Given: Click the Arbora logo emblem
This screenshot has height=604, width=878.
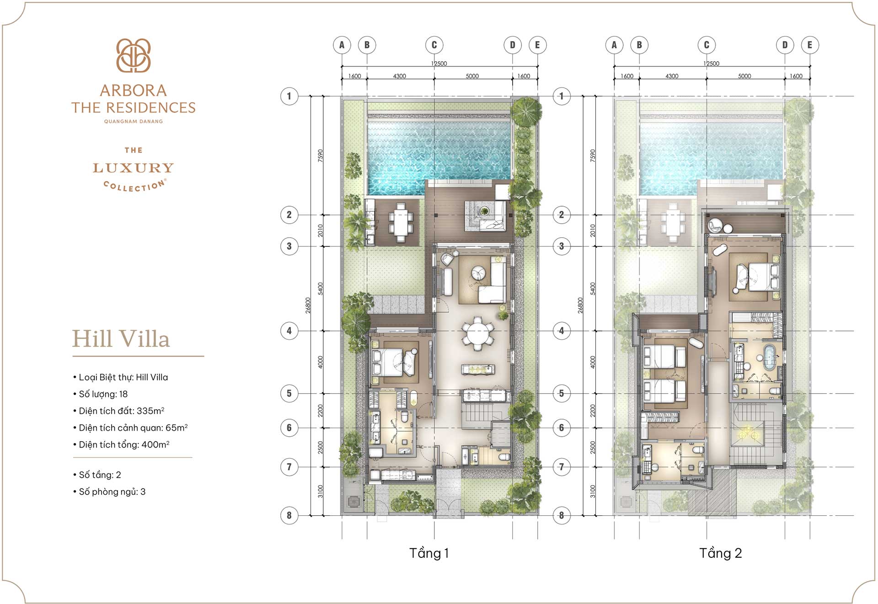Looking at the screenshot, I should [133, 55].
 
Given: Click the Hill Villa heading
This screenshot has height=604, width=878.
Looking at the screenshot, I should [121, 339].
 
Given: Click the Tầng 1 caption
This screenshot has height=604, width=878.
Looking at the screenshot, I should [429, 553].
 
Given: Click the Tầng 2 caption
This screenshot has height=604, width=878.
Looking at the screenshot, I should [720, 553].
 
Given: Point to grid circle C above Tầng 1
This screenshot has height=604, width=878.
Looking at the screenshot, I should [434, 45].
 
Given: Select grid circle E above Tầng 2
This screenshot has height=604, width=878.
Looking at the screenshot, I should [810, 45].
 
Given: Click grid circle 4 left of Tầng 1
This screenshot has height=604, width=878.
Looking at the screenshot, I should [289, 331].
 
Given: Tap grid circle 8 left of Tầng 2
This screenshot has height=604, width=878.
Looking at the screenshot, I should [562, 515].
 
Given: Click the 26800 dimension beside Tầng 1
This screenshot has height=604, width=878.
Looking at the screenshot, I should [308, 305].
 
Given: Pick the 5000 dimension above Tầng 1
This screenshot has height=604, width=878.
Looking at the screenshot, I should [472, 76].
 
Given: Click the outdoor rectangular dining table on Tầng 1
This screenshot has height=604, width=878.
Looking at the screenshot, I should [401, 222].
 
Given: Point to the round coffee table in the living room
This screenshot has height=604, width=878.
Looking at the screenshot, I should [479, 273].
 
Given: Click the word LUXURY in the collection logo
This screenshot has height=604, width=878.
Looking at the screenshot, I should [133, 168].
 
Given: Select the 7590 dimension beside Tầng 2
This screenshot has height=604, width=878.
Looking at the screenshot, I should [593, 155].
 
